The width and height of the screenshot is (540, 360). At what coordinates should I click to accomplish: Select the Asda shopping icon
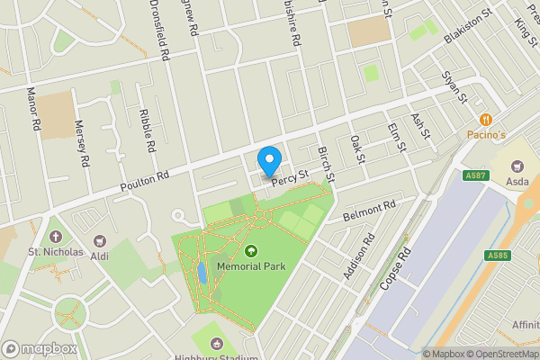(517, 166)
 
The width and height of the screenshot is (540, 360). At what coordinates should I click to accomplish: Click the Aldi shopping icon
(99, 241)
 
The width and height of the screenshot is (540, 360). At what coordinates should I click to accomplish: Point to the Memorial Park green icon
(249, 252)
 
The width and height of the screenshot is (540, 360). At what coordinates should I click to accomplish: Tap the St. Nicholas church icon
(56, 236)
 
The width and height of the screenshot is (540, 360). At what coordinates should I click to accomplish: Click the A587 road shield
(477, 175)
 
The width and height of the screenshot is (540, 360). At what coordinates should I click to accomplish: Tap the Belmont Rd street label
(369, 212)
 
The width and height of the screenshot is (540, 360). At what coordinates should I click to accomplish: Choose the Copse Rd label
(395, 268)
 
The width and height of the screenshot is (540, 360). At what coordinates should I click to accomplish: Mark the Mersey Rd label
(82, 142)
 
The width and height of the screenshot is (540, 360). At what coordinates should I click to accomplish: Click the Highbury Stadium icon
(217, 343)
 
